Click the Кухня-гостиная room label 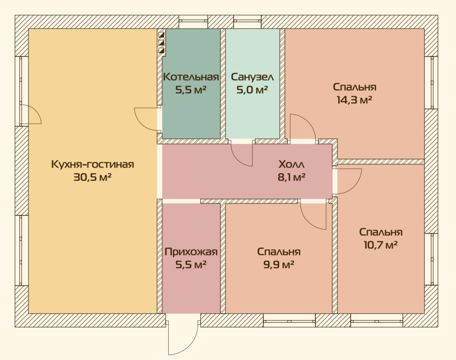tap(92, 164)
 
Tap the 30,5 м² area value tap(92, 177)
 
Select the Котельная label tap(191, 77)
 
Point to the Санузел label tap(252, 77)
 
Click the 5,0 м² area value tap(252, 90)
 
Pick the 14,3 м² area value tap(354, 100)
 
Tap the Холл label tap(291, 164)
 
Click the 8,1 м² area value tap(291, 177)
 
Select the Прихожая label tap(191, 252)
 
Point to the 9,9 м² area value tap(279, 264)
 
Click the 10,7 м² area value tap(380, 245)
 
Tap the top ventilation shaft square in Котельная tap(161, 35)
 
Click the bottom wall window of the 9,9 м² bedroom tap(289, 321)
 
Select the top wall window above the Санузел tap(247, 22)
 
